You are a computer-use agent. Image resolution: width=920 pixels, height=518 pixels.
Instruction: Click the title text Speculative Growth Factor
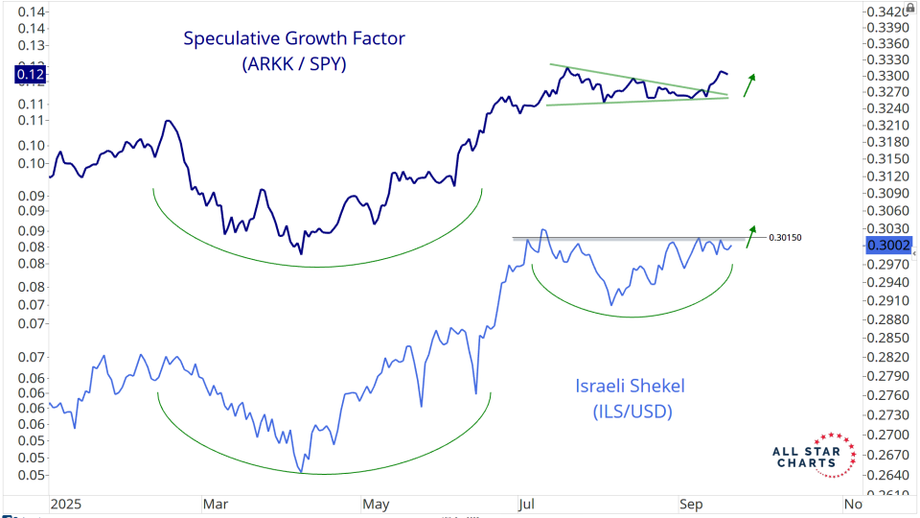click(294, 39)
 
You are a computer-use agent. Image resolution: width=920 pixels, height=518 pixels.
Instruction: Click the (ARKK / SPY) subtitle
click(294, 65)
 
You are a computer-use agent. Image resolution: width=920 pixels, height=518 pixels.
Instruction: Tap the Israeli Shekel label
click(631, 386)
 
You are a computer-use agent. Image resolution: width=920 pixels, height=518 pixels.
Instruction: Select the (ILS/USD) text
click(631, 412)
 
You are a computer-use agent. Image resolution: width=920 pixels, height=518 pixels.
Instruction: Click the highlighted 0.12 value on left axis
click(32, 73)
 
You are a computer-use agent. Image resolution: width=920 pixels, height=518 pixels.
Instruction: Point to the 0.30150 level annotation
click(786, 236)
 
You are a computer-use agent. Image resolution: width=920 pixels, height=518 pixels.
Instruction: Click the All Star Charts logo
click(814, 455)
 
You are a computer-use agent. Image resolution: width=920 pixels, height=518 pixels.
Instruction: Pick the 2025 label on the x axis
click(66, 503)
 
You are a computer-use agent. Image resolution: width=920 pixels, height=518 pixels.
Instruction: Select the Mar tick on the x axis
click(215, 503)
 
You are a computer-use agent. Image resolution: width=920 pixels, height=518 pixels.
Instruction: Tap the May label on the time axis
click(375, 503)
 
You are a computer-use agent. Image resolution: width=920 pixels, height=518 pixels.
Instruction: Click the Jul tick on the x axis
click(525, 503)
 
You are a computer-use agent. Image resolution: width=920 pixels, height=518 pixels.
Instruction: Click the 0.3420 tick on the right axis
click(885, 12)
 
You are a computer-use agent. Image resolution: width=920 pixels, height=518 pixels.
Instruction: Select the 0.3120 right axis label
click(885, 177)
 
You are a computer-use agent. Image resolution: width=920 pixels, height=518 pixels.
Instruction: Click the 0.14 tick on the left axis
click(32, 12)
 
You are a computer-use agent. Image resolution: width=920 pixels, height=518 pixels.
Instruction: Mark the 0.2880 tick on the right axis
click(885, 318)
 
